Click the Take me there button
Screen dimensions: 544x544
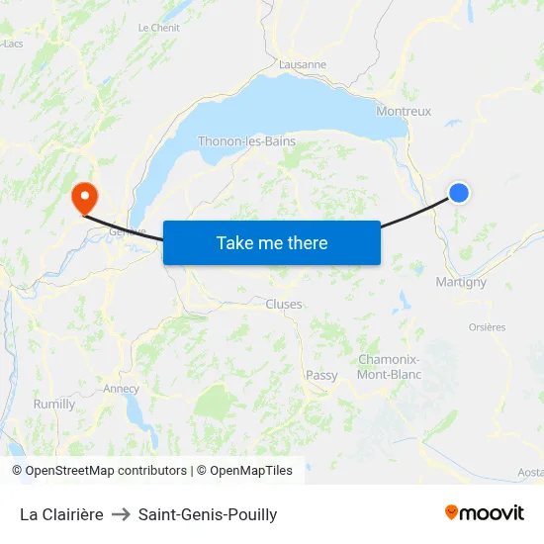pos(271,242)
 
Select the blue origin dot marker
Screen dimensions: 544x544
pos(459,193)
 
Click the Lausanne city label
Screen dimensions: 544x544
pos(303,64)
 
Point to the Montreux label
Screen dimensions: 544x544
pos(404,112)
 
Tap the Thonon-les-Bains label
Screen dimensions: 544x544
pos(246,141)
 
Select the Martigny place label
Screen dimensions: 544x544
pos(461,282)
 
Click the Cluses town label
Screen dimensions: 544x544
pos(284,305)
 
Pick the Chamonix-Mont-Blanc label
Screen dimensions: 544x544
pos(389,367)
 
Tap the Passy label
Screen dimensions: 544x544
pos(321,375)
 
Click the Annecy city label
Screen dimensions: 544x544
pos(121,389)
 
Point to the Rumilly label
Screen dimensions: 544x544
pos(54,404)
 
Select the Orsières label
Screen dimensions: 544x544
pos(486,327)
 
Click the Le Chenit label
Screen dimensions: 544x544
pos(158,28)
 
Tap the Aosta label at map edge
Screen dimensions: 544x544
pos(530,473)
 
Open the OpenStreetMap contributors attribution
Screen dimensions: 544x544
pos(99,471)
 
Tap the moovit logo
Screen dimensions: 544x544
pos(484,512)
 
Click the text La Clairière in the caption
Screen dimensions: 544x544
pos(61,514)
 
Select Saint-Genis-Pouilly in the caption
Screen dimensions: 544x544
pos(208,514)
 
